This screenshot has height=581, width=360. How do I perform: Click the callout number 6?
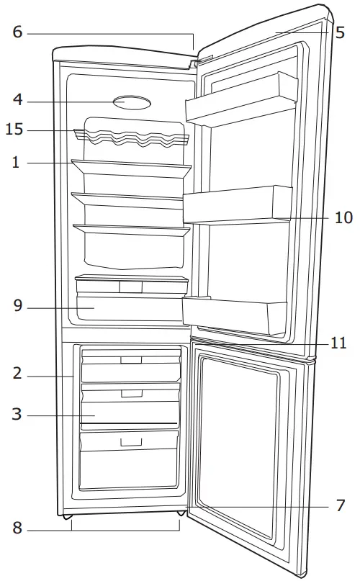(17, 32)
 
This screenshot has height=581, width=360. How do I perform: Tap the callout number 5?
(341, 32)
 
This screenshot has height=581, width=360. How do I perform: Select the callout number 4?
(17, 99)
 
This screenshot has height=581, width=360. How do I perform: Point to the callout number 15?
(14, 130)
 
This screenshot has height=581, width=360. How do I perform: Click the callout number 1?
(16, 162)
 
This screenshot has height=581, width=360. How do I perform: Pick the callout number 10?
(343, 217)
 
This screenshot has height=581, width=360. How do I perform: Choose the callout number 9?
(18, 306)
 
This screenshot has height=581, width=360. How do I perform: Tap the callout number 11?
(338, 343)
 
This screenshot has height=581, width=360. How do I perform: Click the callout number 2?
(17, 373)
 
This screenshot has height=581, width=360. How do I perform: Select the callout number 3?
(17, 414)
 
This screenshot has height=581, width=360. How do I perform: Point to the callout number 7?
(341, 505)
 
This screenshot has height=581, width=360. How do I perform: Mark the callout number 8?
(17, 528)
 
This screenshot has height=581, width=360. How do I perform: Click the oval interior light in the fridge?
(132, 103)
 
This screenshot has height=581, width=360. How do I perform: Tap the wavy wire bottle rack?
(131, 137)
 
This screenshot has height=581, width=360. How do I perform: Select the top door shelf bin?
(241, 99)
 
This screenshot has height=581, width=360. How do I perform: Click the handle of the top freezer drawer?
(131, 360)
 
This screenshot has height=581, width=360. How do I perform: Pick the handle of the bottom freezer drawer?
(131, 441)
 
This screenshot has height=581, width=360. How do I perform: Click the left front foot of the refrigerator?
(67, 516)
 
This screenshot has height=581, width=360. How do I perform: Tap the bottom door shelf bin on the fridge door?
(234, 314)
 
